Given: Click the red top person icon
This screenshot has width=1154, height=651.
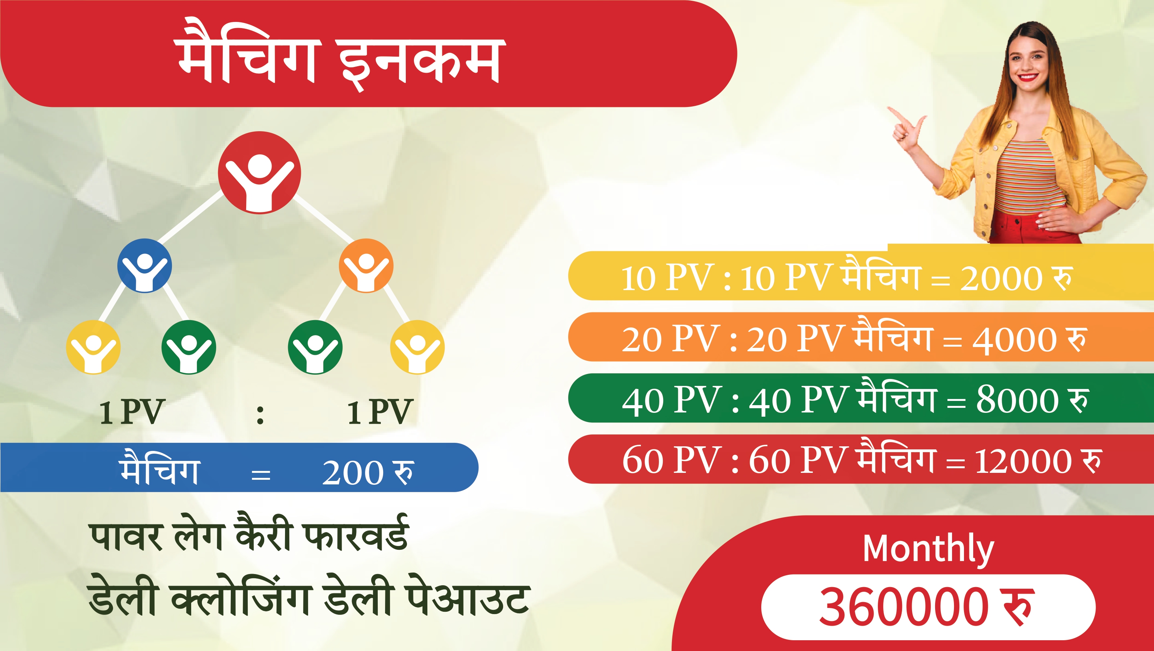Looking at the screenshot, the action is pyautogui.click(x=259, y=172).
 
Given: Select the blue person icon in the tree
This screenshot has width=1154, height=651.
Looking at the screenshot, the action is pyautogui.click(x=144, y=266).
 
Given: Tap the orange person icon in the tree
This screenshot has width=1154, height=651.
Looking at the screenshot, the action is pyautogui.click(x=366, y=266).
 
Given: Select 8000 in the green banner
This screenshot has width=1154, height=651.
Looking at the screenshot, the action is pyautogui.click(x=1017, y=400).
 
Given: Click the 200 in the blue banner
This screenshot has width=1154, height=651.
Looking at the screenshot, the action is pyautogui.click(x=353, y=473).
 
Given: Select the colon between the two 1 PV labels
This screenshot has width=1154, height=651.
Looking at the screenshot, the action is pyautogui.click(x=260, y=414).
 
